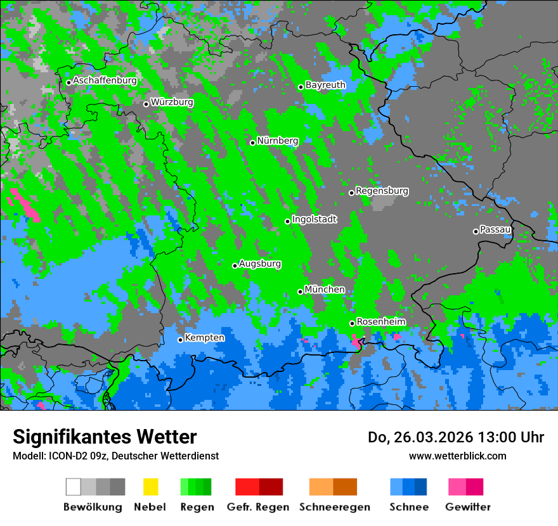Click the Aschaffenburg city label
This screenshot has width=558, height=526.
105,80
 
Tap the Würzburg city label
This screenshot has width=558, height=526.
172,102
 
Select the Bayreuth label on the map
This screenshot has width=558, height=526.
325,85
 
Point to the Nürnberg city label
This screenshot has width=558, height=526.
278,141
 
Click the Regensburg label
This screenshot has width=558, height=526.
382,191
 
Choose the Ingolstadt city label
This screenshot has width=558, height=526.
315,219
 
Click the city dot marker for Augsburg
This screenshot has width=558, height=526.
235,266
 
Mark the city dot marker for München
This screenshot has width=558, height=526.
301,292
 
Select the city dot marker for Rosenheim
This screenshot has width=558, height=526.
353,323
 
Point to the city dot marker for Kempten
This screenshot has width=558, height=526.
181,340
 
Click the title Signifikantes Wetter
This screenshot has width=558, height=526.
105,437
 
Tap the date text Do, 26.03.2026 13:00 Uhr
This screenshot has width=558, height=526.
455,437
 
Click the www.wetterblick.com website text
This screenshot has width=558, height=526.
457,456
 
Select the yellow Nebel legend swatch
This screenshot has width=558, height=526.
150,487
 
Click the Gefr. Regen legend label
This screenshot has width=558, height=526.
258,507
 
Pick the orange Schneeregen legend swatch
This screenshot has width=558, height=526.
321,487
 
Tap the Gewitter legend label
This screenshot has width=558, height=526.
468,507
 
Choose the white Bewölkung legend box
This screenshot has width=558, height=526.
74,487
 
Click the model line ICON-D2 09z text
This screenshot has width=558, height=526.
115,456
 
